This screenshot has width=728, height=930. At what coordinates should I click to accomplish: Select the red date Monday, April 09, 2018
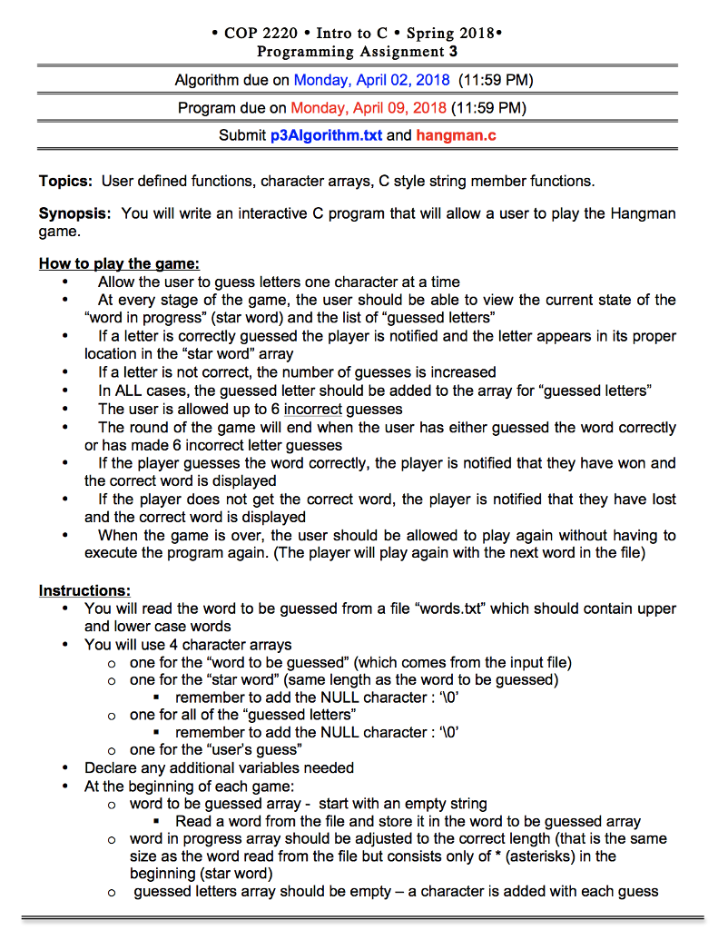click(369, 108)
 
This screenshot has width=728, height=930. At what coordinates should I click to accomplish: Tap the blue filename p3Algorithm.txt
click(326, 136)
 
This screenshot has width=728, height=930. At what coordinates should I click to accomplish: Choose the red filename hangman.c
click(456, 136)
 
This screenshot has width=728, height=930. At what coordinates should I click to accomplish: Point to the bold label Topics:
click(65, 181)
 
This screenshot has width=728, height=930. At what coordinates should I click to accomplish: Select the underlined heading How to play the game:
click(118, 264)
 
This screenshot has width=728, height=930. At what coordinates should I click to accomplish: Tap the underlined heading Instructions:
click(84, 591)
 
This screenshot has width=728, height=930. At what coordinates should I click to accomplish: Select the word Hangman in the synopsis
click(647, 214)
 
